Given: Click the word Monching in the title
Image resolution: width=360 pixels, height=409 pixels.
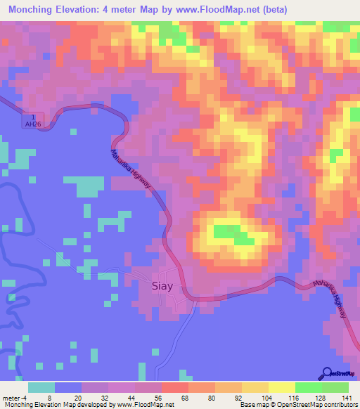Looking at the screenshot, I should [x=33, y=9].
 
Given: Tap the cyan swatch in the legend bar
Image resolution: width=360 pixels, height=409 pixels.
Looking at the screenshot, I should [x=41, y=387].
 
